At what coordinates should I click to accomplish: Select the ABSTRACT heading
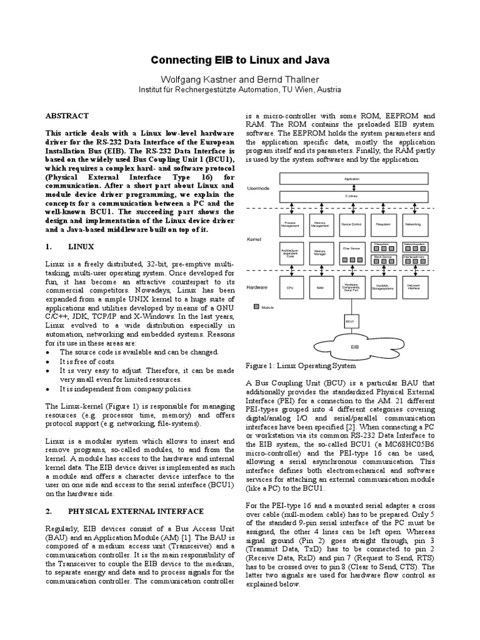[x=68, y=116]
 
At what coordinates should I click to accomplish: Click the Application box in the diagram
[x=352, y=178]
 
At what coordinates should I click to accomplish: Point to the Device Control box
[x=351, y=222]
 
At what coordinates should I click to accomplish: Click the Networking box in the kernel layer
[x=412, y=222]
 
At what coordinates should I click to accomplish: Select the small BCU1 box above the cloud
[x=351, y=321]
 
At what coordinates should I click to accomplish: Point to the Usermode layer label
[x=258, y=187]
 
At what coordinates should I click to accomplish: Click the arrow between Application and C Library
[x=352, y=188]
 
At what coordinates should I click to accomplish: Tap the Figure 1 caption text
[x=301, y=366]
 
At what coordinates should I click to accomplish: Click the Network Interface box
[x=412, y=286]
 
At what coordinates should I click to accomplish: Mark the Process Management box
[x=290, y=222]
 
